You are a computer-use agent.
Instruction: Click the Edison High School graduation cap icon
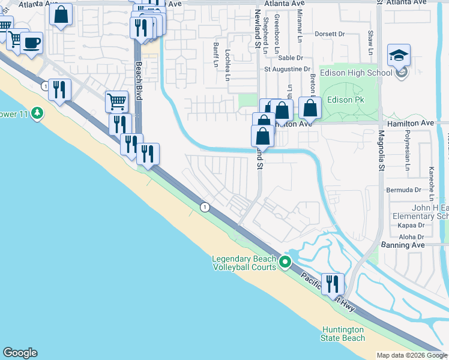click(399, 56)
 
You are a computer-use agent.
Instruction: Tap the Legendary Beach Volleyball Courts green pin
click(286, 262)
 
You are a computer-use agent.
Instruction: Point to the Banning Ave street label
click(403, 245)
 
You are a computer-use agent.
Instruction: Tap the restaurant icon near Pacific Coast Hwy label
click(333, 284)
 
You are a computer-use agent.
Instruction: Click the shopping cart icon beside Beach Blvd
click(116, 101)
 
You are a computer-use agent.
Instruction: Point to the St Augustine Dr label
click(288, 70)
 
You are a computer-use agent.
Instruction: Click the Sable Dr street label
click(291, 58)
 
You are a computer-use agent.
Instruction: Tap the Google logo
click(20, 353)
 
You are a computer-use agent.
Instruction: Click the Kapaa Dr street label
click(411, 226)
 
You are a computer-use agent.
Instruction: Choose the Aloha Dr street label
click(412, 236)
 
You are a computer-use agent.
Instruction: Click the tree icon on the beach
click(37, 112)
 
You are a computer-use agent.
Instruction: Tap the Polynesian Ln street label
click(407, 142)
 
